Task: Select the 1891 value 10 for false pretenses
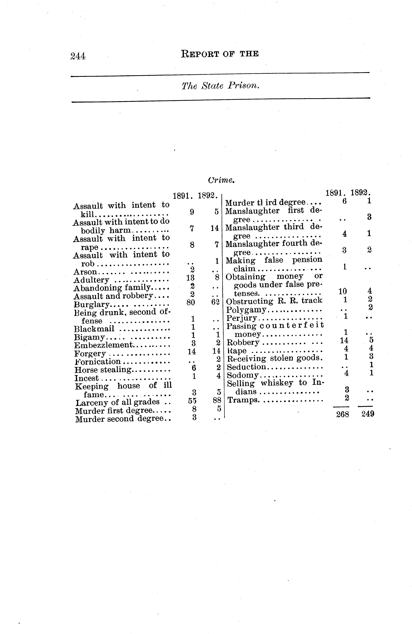(342, 291)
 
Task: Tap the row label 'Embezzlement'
(103, 345)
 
